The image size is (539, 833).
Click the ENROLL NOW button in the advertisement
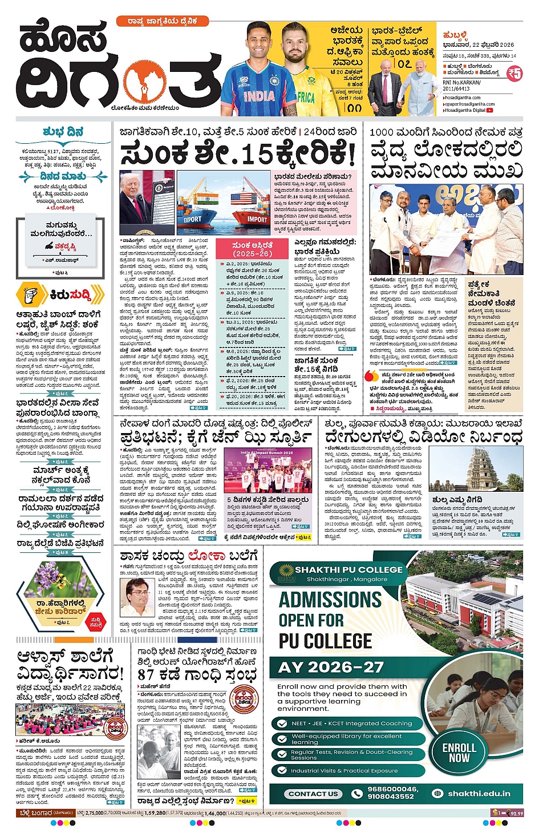(459, 752)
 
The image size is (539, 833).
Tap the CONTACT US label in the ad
(313, 793)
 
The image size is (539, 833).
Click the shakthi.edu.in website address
(479, 793)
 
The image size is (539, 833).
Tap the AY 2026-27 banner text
(331, 667)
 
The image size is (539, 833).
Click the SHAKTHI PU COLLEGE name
(348, 569)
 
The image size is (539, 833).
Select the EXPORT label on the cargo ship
(192, 219)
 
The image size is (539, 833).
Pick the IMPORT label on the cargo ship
(257, 220)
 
